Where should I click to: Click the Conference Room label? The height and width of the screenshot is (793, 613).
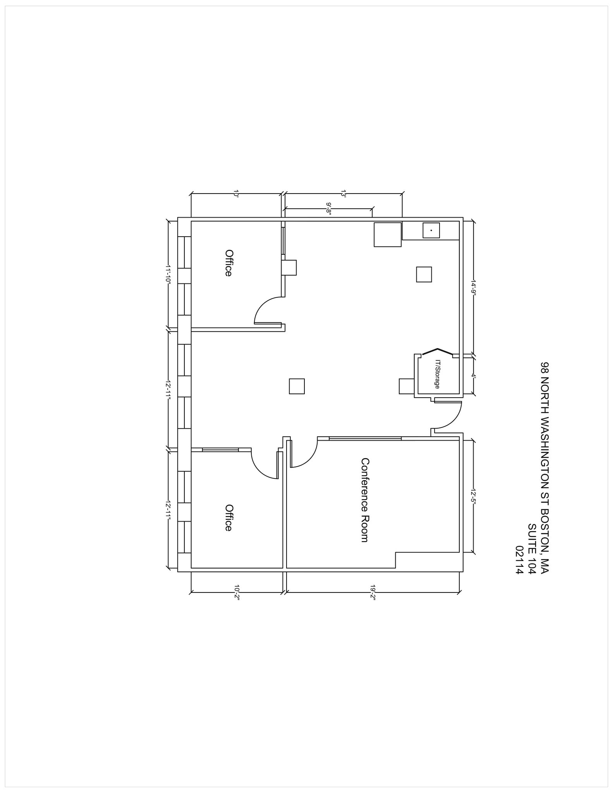click(x=364, y=500)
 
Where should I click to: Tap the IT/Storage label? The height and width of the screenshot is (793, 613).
click(x=437, y=374)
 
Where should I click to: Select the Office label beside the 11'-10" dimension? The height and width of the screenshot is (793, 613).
click(x=228, y=263)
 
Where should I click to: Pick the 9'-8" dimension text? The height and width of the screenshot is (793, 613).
click(x=329, y=209)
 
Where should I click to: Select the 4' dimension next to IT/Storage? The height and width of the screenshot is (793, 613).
click(x=473, y=375)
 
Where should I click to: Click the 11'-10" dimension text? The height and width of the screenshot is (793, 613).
click(x=168, y=275)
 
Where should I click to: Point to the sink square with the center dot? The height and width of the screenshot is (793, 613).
click(x=431, y=230)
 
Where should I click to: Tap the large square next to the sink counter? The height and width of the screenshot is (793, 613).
click(x=387, y=235)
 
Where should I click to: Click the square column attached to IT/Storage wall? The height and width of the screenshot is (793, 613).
click(x=407, y=386)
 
